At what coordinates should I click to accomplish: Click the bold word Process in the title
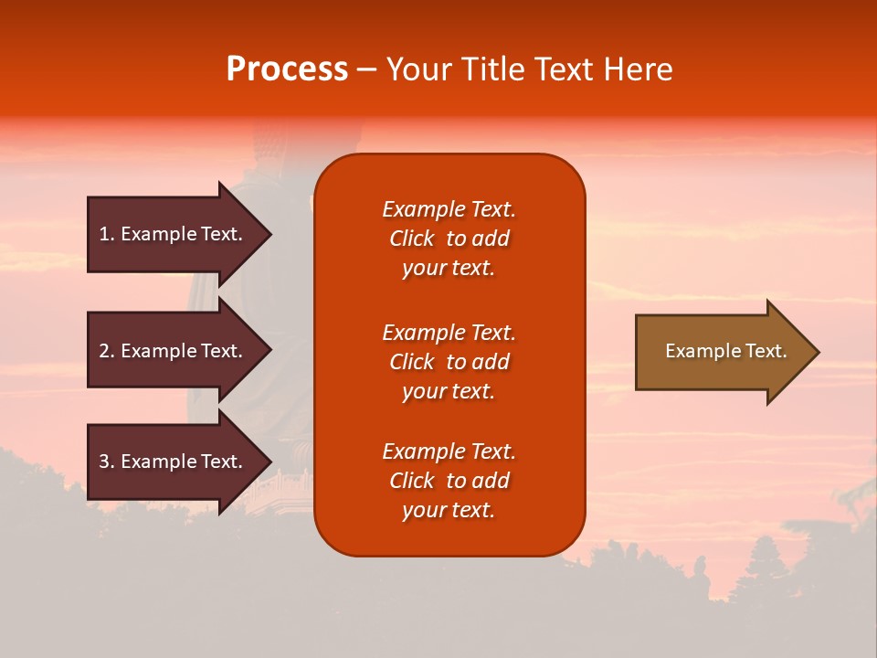[287, 69]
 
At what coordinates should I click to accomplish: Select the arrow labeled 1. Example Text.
[174, 234]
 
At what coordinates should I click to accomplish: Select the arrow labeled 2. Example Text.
[174, 351]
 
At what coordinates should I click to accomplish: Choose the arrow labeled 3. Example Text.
[174, 462]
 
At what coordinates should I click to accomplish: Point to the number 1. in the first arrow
[107, 234]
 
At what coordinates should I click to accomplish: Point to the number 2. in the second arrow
[107, 351]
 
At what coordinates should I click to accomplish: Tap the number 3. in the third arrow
[107, 462]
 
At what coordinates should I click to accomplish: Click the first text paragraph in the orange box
[449, 239]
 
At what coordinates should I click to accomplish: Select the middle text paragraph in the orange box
[449, 362]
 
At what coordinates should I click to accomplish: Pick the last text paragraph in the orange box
[449, 481]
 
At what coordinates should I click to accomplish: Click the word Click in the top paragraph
[411, 239]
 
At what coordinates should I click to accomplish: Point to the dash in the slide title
[366, 70]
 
